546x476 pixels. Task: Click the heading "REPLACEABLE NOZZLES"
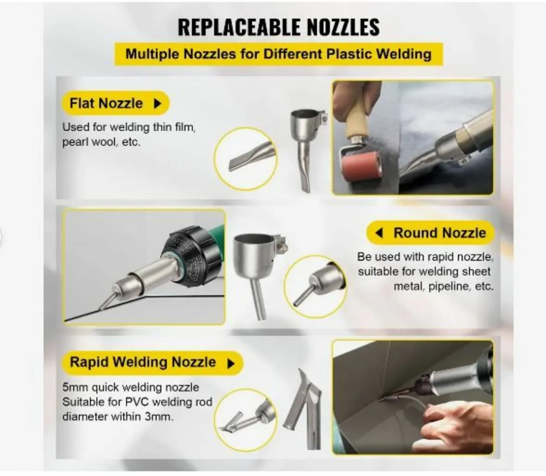[278, 27]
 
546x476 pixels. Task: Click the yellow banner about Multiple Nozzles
[278, 54]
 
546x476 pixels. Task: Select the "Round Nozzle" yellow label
[440, 233]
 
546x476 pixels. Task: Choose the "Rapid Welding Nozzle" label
[143, 362]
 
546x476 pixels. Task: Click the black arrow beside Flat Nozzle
[157, 104]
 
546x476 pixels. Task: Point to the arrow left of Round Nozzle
[379, 233]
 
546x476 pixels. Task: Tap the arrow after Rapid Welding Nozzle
[231, 363]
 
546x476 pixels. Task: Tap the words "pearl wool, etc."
[101, 142]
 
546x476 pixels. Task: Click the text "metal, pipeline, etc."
[443, 287]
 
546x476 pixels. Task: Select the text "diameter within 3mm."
[118, 416]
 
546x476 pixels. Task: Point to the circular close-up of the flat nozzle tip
[246, 157]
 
